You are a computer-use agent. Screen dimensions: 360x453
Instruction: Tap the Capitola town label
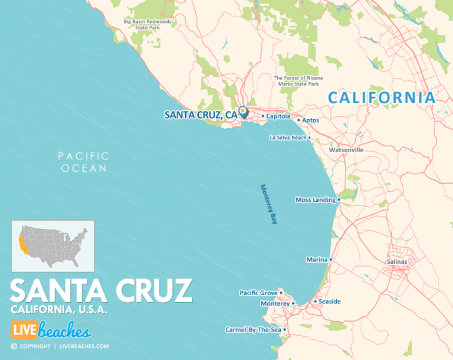[278, 116]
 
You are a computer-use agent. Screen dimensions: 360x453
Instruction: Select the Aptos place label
[310, 120]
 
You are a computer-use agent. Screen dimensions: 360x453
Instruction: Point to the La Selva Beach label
[288, 138]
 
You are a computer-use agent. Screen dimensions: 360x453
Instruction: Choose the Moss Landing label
[315, 199]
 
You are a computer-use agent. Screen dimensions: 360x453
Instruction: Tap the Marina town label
[316, 260]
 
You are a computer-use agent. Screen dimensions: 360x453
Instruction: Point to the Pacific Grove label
[258, 293]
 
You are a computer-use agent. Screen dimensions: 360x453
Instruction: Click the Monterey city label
[275, 303]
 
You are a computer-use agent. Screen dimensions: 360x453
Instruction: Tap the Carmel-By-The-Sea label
[253, 330]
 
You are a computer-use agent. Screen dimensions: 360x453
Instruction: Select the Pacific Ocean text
[83, 162]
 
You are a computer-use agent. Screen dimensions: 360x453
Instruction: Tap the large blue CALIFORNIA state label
[382, 97]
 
